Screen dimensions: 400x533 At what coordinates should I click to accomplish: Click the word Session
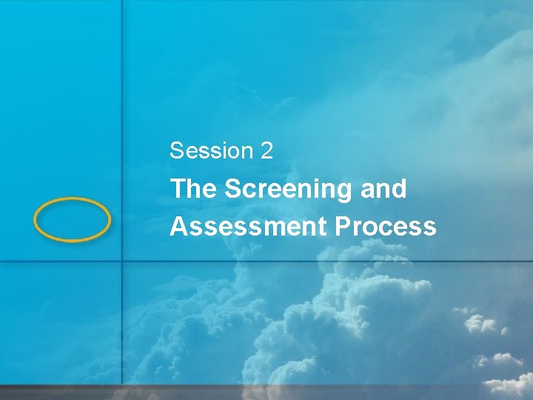[211, 151]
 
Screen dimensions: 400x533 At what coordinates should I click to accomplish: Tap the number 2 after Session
[266, 151]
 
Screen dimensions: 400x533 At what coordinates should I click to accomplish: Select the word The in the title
[193, 190]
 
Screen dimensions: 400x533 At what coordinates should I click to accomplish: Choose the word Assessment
[247, 227]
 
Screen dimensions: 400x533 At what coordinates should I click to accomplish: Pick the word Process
[385, 227]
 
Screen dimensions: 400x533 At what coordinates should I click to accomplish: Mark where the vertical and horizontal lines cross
[122, 262]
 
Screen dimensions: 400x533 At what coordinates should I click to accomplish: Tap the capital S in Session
[176, 151]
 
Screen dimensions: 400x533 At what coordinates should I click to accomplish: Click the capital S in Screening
[232, 190]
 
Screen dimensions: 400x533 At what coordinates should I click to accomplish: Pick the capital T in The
[178, 190]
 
